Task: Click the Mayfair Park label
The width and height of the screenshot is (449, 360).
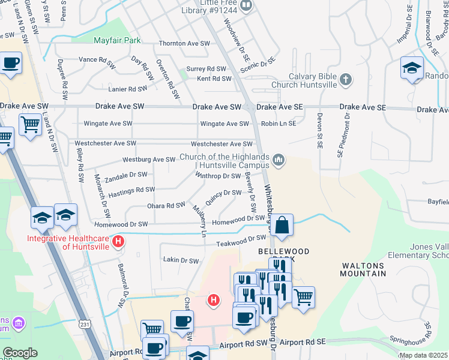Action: (118, 41)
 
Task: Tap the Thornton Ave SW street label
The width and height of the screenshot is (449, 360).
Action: (184, 44)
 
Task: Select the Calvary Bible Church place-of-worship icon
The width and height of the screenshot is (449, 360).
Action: (345, 79)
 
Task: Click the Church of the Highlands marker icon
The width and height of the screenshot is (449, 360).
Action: (278, 160)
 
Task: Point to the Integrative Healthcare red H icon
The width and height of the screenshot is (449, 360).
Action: (119, 242)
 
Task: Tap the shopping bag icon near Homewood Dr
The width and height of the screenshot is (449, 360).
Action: (282, 226)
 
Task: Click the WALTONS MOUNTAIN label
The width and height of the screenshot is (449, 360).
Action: (364, 269)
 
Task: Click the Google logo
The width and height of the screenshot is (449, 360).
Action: (20, 353)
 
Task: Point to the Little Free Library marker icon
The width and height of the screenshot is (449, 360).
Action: (246, 5)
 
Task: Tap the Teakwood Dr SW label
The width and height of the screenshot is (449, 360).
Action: (241, 241)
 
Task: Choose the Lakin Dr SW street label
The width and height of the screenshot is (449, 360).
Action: (181, 260)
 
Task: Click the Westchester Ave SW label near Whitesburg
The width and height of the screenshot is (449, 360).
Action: (221, 144)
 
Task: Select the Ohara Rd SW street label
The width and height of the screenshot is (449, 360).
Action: (166, 206)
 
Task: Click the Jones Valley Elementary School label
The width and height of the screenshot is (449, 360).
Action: (429, 251)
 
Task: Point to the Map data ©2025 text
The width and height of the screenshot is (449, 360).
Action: (423, 355)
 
